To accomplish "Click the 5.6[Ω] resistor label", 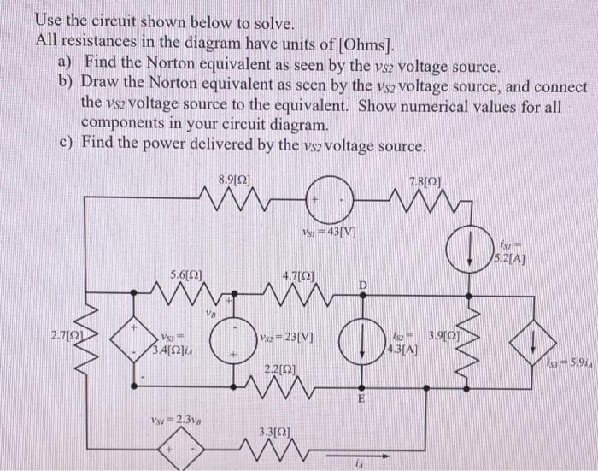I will pos(186,275).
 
